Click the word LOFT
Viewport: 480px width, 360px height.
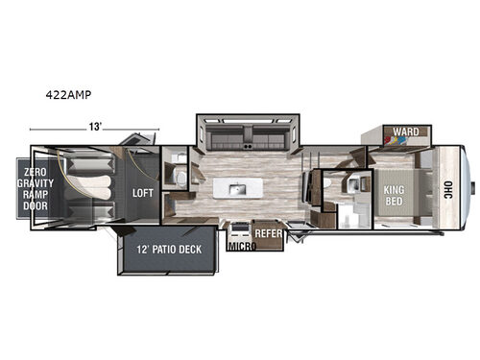tap(143, 191)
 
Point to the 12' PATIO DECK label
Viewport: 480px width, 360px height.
tap(169, 251)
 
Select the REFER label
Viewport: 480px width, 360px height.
tap(268, 232)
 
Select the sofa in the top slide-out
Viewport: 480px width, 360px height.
tap(247, 135)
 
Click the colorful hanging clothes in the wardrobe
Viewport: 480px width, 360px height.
tap(396, 144)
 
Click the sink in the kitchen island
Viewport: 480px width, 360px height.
tap(234, 187)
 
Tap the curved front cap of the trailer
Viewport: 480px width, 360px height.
tap(468, 186)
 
